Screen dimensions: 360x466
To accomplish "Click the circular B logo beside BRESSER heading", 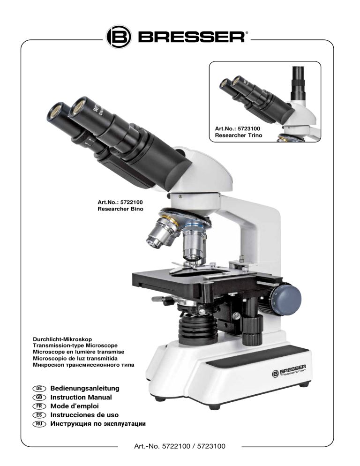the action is click(119, 37).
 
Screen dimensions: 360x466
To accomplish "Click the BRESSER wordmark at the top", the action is click(192, 37).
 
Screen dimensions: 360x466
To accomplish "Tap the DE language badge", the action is click(39, 389).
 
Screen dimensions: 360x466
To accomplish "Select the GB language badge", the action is click(39, 398).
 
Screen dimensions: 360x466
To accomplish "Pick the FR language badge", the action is click(39, 406).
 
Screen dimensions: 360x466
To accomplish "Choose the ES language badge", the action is click(39, 415).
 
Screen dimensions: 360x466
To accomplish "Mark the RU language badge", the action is click(39, 424).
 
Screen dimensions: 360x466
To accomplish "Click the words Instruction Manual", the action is click(81, 398).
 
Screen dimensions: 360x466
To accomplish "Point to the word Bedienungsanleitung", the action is click(85, 389).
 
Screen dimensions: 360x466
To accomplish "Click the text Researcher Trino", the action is click(239, 135).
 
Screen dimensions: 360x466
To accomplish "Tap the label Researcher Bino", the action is click(120, 209).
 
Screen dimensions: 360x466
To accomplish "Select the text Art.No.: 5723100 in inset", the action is click(237, 128).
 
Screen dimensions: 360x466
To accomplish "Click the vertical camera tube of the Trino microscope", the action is click(298, 83).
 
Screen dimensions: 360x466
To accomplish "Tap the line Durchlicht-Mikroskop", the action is click(62, 339).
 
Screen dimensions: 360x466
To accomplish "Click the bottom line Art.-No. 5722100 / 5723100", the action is click(180, 446).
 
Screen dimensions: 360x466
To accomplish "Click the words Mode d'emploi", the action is click(75, 406).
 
